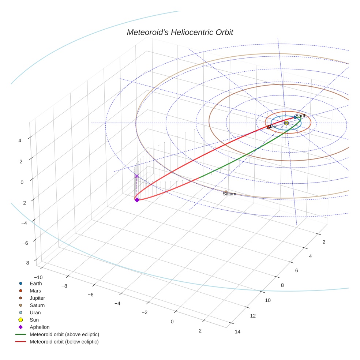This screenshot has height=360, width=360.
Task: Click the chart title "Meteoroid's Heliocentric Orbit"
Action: coord(180,33)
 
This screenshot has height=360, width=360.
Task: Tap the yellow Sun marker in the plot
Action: coord(286,123)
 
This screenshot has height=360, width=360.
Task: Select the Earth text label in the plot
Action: coord(301,116)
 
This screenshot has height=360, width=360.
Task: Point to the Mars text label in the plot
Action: coord(273,127)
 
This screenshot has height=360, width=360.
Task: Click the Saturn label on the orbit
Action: coord(229,194)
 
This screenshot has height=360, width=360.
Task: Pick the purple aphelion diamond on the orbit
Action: coord(137,200)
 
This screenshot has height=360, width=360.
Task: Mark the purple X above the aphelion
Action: coord(137,176)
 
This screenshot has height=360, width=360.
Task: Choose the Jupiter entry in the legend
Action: coord(37,298)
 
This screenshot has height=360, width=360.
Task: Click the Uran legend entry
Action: coord(35,312)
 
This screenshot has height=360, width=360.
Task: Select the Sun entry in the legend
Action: coord(34,320)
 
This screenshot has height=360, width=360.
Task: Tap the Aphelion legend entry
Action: coord(40,327)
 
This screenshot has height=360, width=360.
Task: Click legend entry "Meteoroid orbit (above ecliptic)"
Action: coord(64,334)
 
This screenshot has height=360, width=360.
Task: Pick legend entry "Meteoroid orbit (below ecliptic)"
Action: coord(64,342)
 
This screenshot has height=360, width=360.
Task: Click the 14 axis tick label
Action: coord(237,332)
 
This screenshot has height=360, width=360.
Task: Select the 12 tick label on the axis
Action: coord(253,316)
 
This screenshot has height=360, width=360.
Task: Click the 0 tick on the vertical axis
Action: coord(22,182)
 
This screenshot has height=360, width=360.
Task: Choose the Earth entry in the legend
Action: coord(36,283)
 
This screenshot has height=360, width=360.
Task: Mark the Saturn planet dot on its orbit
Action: coord(226,192)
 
